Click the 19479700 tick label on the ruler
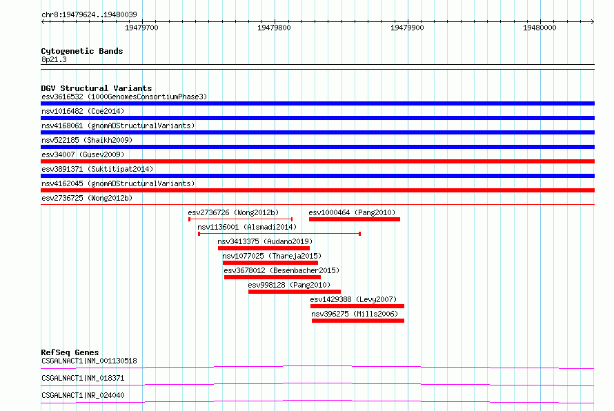[x=141, y=28]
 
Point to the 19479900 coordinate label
[x=407, y=28]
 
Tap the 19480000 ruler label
[x=539, y=28]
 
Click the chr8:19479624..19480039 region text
[x=89, y=15]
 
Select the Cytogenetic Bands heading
[x=82, y=51]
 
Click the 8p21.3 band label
[x=54, y=59]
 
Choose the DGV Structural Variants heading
[x=97, y=88]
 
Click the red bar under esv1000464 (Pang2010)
[x=355, y=219]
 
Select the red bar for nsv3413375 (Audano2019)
[x=264, y=248]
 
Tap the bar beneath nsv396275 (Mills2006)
[x=358, y=321]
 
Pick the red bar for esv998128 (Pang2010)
[x=295, y=292]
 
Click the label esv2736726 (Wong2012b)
[x=233, y=212]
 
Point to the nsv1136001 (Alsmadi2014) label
[x=247, y=227]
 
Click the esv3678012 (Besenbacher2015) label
[x=281, y=270]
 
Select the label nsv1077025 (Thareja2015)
[x=272, y=256]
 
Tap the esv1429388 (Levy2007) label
[x=353, y=299]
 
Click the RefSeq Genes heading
[x=70, y=352]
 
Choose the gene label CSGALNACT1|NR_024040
[x=83, y=395]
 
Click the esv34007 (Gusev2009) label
[x=83, y=154]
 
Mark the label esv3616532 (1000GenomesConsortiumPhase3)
[x=124, y=97]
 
